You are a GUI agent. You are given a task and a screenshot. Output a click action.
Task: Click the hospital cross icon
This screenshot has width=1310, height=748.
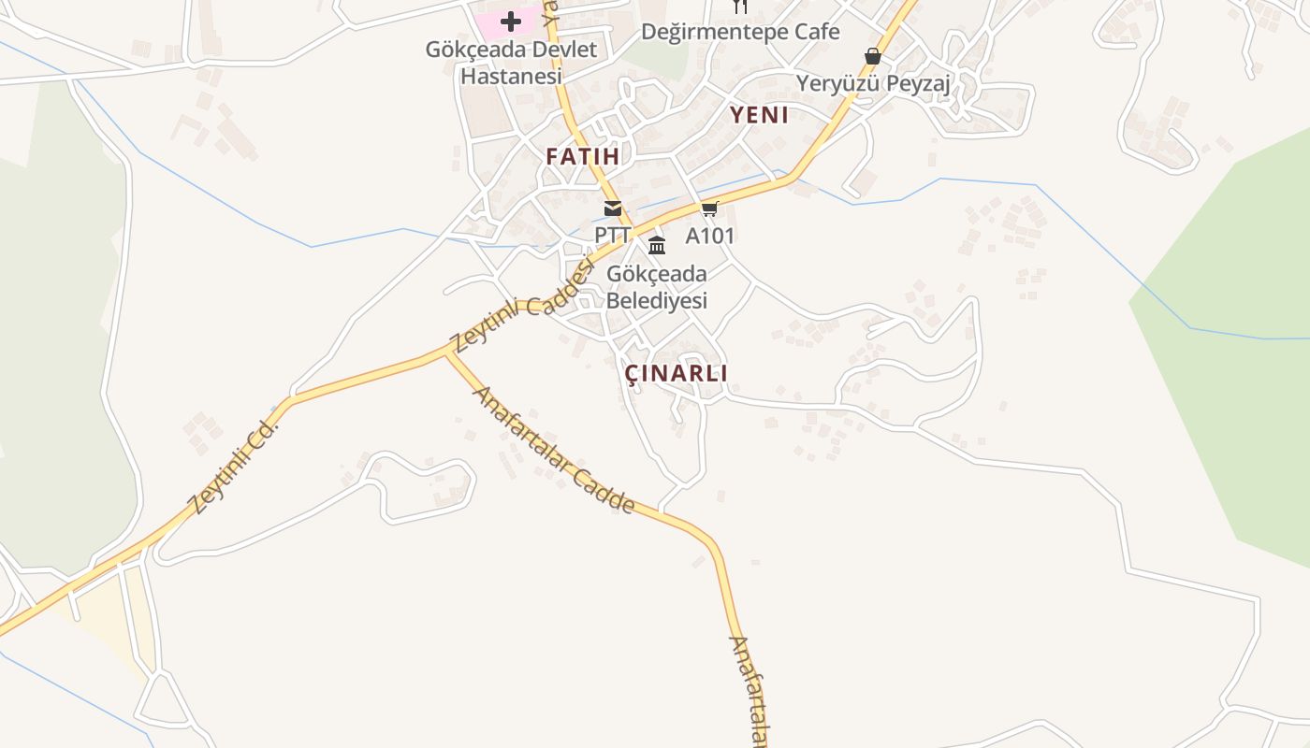pos(511,21)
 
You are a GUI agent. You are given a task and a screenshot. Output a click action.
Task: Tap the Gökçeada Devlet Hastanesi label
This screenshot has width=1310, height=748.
pos(511,63)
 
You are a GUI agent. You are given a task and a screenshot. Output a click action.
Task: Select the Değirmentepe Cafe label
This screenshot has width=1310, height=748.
pos(740,32)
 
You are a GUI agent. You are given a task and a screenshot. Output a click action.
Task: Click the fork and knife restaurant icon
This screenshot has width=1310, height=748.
pos(740,7)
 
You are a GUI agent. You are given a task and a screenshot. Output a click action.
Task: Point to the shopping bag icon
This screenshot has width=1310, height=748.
pos(873,56)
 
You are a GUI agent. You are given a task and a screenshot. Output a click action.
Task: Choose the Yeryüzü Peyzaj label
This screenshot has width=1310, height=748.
pos(873,84)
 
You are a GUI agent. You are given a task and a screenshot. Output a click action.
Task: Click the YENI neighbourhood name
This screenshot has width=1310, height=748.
pos(759,115)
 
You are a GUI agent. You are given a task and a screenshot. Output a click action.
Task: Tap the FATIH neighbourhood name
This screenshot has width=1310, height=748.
pos(583,156)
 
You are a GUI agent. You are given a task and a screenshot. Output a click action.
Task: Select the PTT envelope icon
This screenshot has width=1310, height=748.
pos(613,209)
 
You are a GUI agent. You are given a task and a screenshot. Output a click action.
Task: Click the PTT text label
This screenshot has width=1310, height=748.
pos(613,235)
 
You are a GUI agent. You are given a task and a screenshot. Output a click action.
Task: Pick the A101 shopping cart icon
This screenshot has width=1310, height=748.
pos(710,209)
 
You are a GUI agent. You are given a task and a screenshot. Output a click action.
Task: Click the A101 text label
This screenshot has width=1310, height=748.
pos(710,235)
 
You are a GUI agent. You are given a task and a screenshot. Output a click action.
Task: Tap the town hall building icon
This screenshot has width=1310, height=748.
pos(657,246)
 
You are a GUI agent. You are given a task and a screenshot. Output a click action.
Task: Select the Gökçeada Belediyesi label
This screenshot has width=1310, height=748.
pos(657,287)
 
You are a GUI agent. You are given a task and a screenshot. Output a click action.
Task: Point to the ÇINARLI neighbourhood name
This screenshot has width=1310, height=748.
pos(676,373)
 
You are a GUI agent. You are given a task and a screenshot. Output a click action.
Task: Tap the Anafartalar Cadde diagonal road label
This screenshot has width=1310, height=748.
pos(555,451)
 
